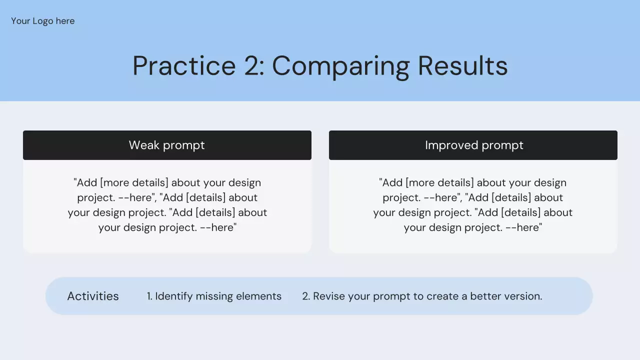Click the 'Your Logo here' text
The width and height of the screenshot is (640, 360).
(43, 21)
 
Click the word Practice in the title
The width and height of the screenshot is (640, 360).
(184, 66)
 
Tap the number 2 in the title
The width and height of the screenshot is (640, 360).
(252, 66)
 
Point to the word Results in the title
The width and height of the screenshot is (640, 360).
(463, 65)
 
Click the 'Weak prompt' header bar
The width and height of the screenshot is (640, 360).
(167, 145)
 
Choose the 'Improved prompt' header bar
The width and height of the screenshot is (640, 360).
(473, 145)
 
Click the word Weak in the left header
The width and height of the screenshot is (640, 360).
(144, 145)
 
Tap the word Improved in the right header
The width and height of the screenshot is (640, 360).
(451, 145)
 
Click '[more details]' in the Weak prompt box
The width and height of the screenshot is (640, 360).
(134, 183)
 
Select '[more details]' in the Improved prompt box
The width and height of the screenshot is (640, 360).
(439, 183)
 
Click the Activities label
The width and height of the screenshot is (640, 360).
(93, 296)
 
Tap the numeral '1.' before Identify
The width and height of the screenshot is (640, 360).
(149, 296)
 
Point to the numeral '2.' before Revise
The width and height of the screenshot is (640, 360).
(306, 296)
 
